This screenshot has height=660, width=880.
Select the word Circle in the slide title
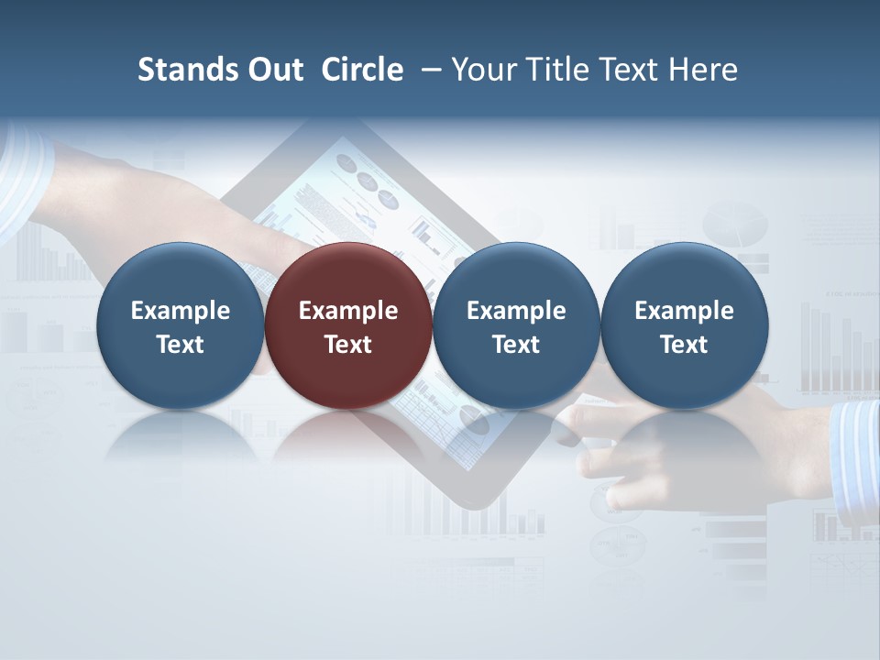pos(363,70)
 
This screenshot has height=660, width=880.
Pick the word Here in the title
pos(703,70)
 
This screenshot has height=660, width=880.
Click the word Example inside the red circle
pos(348,311)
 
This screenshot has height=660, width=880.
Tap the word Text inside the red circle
pos(348,345)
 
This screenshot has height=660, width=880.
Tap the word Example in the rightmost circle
pos(685,311)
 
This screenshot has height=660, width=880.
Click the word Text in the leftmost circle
pos(181,345)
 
